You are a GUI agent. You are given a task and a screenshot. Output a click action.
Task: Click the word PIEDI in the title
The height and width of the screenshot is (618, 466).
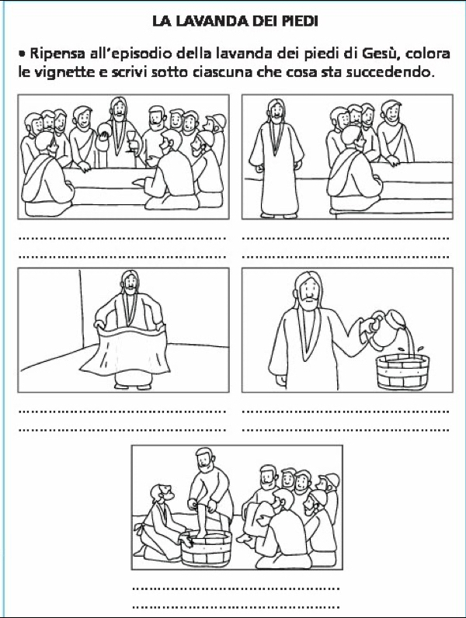300,21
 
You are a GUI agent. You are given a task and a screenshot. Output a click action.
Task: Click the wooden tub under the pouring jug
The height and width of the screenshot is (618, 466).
402,372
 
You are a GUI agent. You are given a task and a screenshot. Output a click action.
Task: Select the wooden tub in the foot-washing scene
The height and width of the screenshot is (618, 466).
206,549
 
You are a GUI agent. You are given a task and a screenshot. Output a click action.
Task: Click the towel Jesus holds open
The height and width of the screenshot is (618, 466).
125,351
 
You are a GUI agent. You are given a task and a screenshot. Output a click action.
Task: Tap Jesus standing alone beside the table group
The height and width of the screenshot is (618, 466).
276,158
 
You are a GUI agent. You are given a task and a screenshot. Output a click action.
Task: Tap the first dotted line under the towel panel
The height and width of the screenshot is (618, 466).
122,411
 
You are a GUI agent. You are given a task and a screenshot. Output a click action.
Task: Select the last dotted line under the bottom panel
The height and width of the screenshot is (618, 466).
236,607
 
